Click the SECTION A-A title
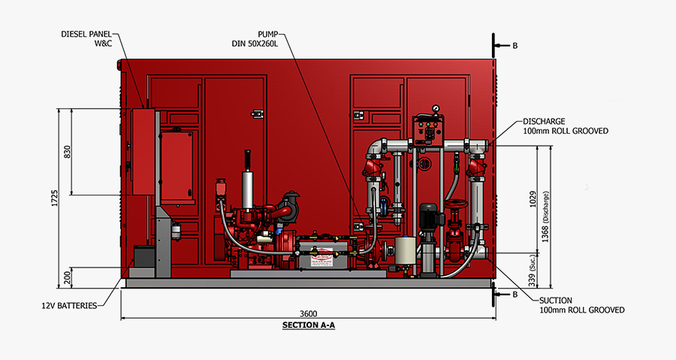307,325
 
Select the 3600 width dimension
309,313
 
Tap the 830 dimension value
67,151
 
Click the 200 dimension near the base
67,278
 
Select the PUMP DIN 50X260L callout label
255,38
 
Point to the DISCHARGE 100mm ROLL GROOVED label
565,126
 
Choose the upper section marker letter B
515,45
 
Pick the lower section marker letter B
515,295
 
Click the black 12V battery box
143,258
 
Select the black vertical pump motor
428,216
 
